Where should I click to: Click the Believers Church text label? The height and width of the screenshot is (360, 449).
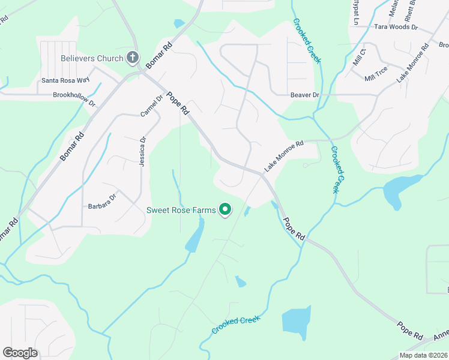[x=92, y=59]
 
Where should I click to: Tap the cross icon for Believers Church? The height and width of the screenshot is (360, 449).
[x=133, y=58]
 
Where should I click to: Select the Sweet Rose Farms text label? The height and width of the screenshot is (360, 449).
[x=181, y=210]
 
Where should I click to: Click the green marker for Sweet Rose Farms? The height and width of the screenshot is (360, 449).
[x=225, y=209]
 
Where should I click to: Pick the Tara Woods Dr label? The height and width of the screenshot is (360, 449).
[x=396, y=27]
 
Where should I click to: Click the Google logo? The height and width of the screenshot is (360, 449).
[x=20, y=353]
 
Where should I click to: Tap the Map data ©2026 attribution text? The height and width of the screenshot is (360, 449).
[x=423, y=355]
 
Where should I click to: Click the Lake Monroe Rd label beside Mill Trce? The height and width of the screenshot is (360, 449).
[x=412, y=63]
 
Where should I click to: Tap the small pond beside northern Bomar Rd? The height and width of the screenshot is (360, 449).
[x=179, y=24]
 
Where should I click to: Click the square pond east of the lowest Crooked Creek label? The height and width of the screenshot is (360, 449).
[x=296, y=321]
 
